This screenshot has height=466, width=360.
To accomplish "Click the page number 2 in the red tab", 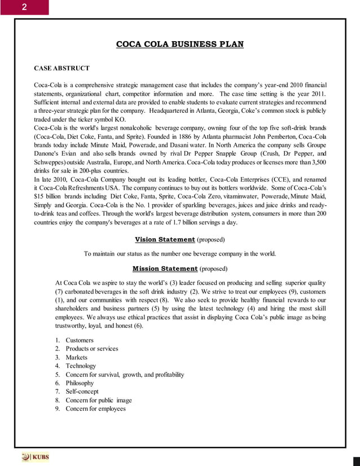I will [24, 7].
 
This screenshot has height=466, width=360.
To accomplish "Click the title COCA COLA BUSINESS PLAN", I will [180, 44].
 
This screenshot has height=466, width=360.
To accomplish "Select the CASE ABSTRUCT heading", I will [62, 68].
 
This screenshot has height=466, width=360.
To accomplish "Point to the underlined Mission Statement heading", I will [165, 268].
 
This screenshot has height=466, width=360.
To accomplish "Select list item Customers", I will [80, 340].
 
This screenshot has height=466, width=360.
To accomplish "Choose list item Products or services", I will [92, 349].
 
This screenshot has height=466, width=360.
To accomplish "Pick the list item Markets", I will [77, 357].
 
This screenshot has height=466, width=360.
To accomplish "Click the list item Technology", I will [81, 366].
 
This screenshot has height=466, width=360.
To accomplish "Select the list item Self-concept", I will [82, 392].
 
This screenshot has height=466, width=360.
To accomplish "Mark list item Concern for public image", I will [99, 400].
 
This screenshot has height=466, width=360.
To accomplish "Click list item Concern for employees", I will [95, 408].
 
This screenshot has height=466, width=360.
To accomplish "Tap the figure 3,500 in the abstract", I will [317, 162].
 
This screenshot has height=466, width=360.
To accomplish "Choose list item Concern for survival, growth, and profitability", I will [125, 375].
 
